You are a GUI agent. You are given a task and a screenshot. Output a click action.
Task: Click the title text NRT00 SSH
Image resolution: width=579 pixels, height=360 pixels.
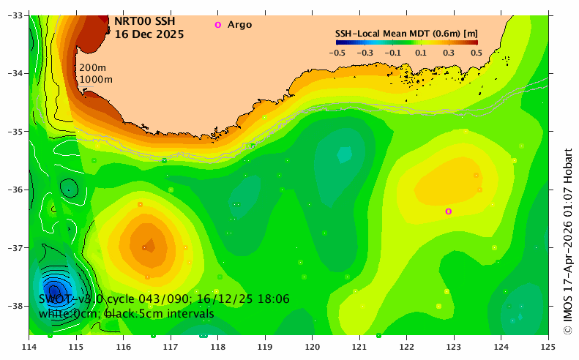click(x=145, y=21)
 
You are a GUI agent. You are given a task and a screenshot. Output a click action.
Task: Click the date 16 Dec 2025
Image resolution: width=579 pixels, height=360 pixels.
click(x=149, y=34)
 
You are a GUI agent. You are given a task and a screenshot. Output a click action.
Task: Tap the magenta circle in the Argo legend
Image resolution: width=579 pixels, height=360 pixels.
click(x=218, y=25)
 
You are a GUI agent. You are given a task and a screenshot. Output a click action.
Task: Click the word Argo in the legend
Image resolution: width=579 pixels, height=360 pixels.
click(x=239, y=25)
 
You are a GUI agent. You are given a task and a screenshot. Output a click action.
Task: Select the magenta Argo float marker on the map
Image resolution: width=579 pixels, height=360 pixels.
click(x=448, y=211)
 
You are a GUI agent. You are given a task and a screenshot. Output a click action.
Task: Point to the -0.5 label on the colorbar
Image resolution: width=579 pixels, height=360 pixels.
click(x=337, y=53)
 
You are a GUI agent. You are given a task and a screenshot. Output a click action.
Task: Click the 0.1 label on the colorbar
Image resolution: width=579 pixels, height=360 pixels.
click(x=421, y=53)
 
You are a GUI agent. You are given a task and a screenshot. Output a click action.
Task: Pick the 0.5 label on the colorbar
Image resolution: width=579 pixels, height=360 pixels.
click(x=477, y=53)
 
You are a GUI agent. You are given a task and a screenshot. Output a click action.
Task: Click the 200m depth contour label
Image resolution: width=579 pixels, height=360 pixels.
click(x=93, y=67)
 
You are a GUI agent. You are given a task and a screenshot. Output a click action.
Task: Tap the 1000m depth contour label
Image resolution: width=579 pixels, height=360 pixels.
click(x=96, y=79)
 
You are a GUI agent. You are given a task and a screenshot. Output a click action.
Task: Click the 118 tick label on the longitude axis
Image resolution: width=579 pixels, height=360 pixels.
click(x=217, y=347)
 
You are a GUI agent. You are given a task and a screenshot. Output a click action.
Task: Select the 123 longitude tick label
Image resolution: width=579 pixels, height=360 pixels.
click(x=454, y=347)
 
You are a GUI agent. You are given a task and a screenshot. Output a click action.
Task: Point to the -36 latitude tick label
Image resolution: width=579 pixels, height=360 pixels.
click(x=15, y=190)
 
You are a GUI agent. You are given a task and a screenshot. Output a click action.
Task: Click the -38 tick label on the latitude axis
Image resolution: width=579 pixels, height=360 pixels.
click(x=15, y=306)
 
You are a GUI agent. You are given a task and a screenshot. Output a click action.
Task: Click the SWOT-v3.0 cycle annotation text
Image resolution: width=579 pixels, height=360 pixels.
click(x=164, y=299)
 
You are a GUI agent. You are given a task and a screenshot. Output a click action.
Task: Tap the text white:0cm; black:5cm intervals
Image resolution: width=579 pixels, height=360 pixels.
click(x=127, y=313)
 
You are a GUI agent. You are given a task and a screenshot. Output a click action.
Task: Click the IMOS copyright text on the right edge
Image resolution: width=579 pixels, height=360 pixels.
click(x=568, y=241)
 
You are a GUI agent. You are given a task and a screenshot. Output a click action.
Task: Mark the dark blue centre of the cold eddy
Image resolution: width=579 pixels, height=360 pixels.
click(x=55, y=290)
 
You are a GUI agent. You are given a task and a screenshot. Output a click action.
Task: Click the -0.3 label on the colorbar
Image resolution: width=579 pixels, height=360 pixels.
click(x=365, y=53)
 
